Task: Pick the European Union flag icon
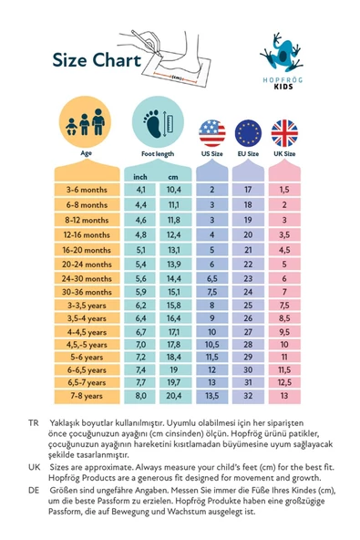coord(248,133)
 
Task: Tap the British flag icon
coord(284,133)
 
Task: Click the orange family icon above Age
coord(86,123)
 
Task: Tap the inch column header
coord(140,175)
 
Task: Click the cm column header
coord(172,175)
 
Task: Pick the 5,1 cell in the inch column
coord(140,249)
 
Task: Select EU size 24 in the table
coord(248,293)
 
